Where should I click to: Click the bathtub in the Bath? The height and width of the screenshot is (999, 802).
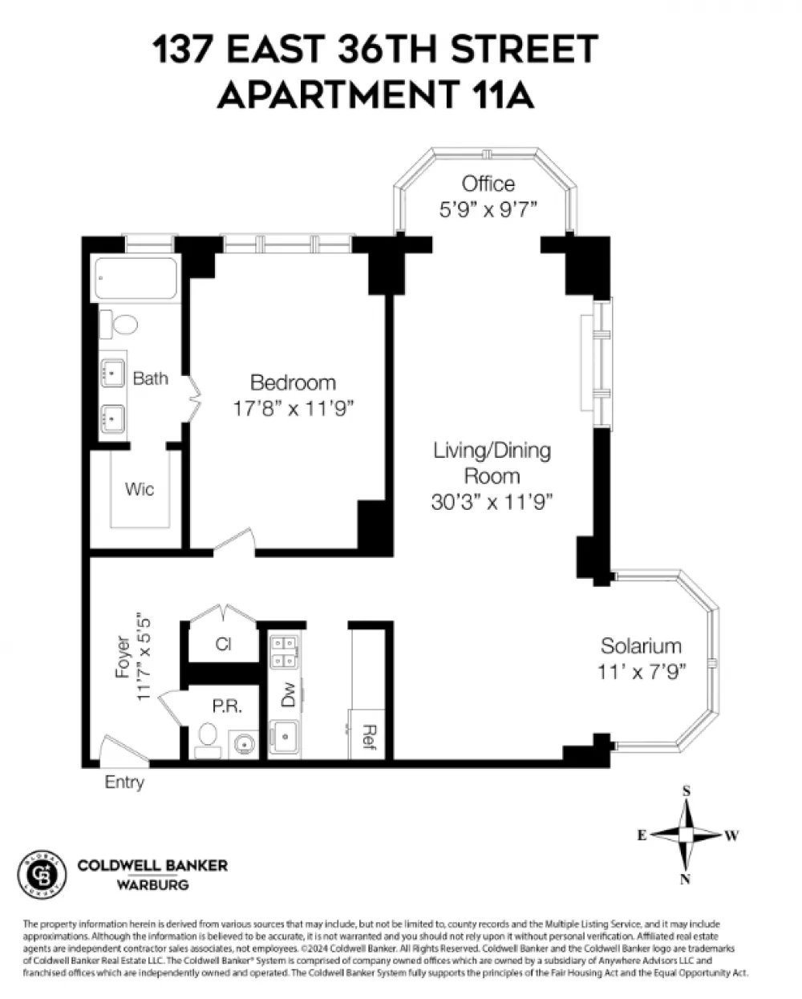(x=136, y=278)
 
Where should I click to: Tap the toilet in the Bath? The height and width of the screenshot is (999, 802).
(x=119, y=324)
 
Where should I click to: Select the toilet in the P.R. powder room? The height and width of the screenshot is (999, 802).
(x=207, y=740)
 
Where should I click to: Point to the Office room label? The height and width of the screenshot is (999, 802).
(x=488, y=184)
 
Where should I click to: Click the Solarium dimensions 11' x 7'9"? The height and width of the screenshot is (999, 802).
(x=642, y=672)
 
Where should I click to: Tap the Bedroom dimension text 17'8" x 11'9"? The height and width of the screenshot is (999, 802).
(x=293, y=409)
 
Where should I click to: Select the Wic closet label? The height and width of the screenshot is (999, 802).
(x=140, y=489)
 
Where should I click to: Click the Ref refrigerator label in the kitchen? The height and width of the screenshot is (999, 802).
(x=368, y=737)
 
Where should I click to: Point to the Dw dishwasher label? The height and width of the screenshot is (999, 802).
(x=289, y=694)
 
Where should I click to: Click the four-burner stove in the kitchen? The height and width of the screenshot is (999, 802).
(x=284, y=652)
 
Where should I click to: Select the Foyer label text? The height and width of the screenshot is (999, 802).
(x=123, y=657)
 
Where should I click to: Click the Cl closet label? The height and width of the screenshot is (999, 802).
(x=224, y=644)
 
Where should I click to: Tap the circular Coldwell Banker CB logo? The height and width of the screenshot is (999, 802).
(x=42, y=875)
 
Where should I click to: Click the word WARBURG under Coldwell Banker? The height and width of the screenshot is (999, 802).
(x=153, y=885)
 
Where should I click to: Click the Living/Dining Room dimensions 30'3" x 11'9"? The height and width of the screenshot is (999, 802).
(x=492, y=502)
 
